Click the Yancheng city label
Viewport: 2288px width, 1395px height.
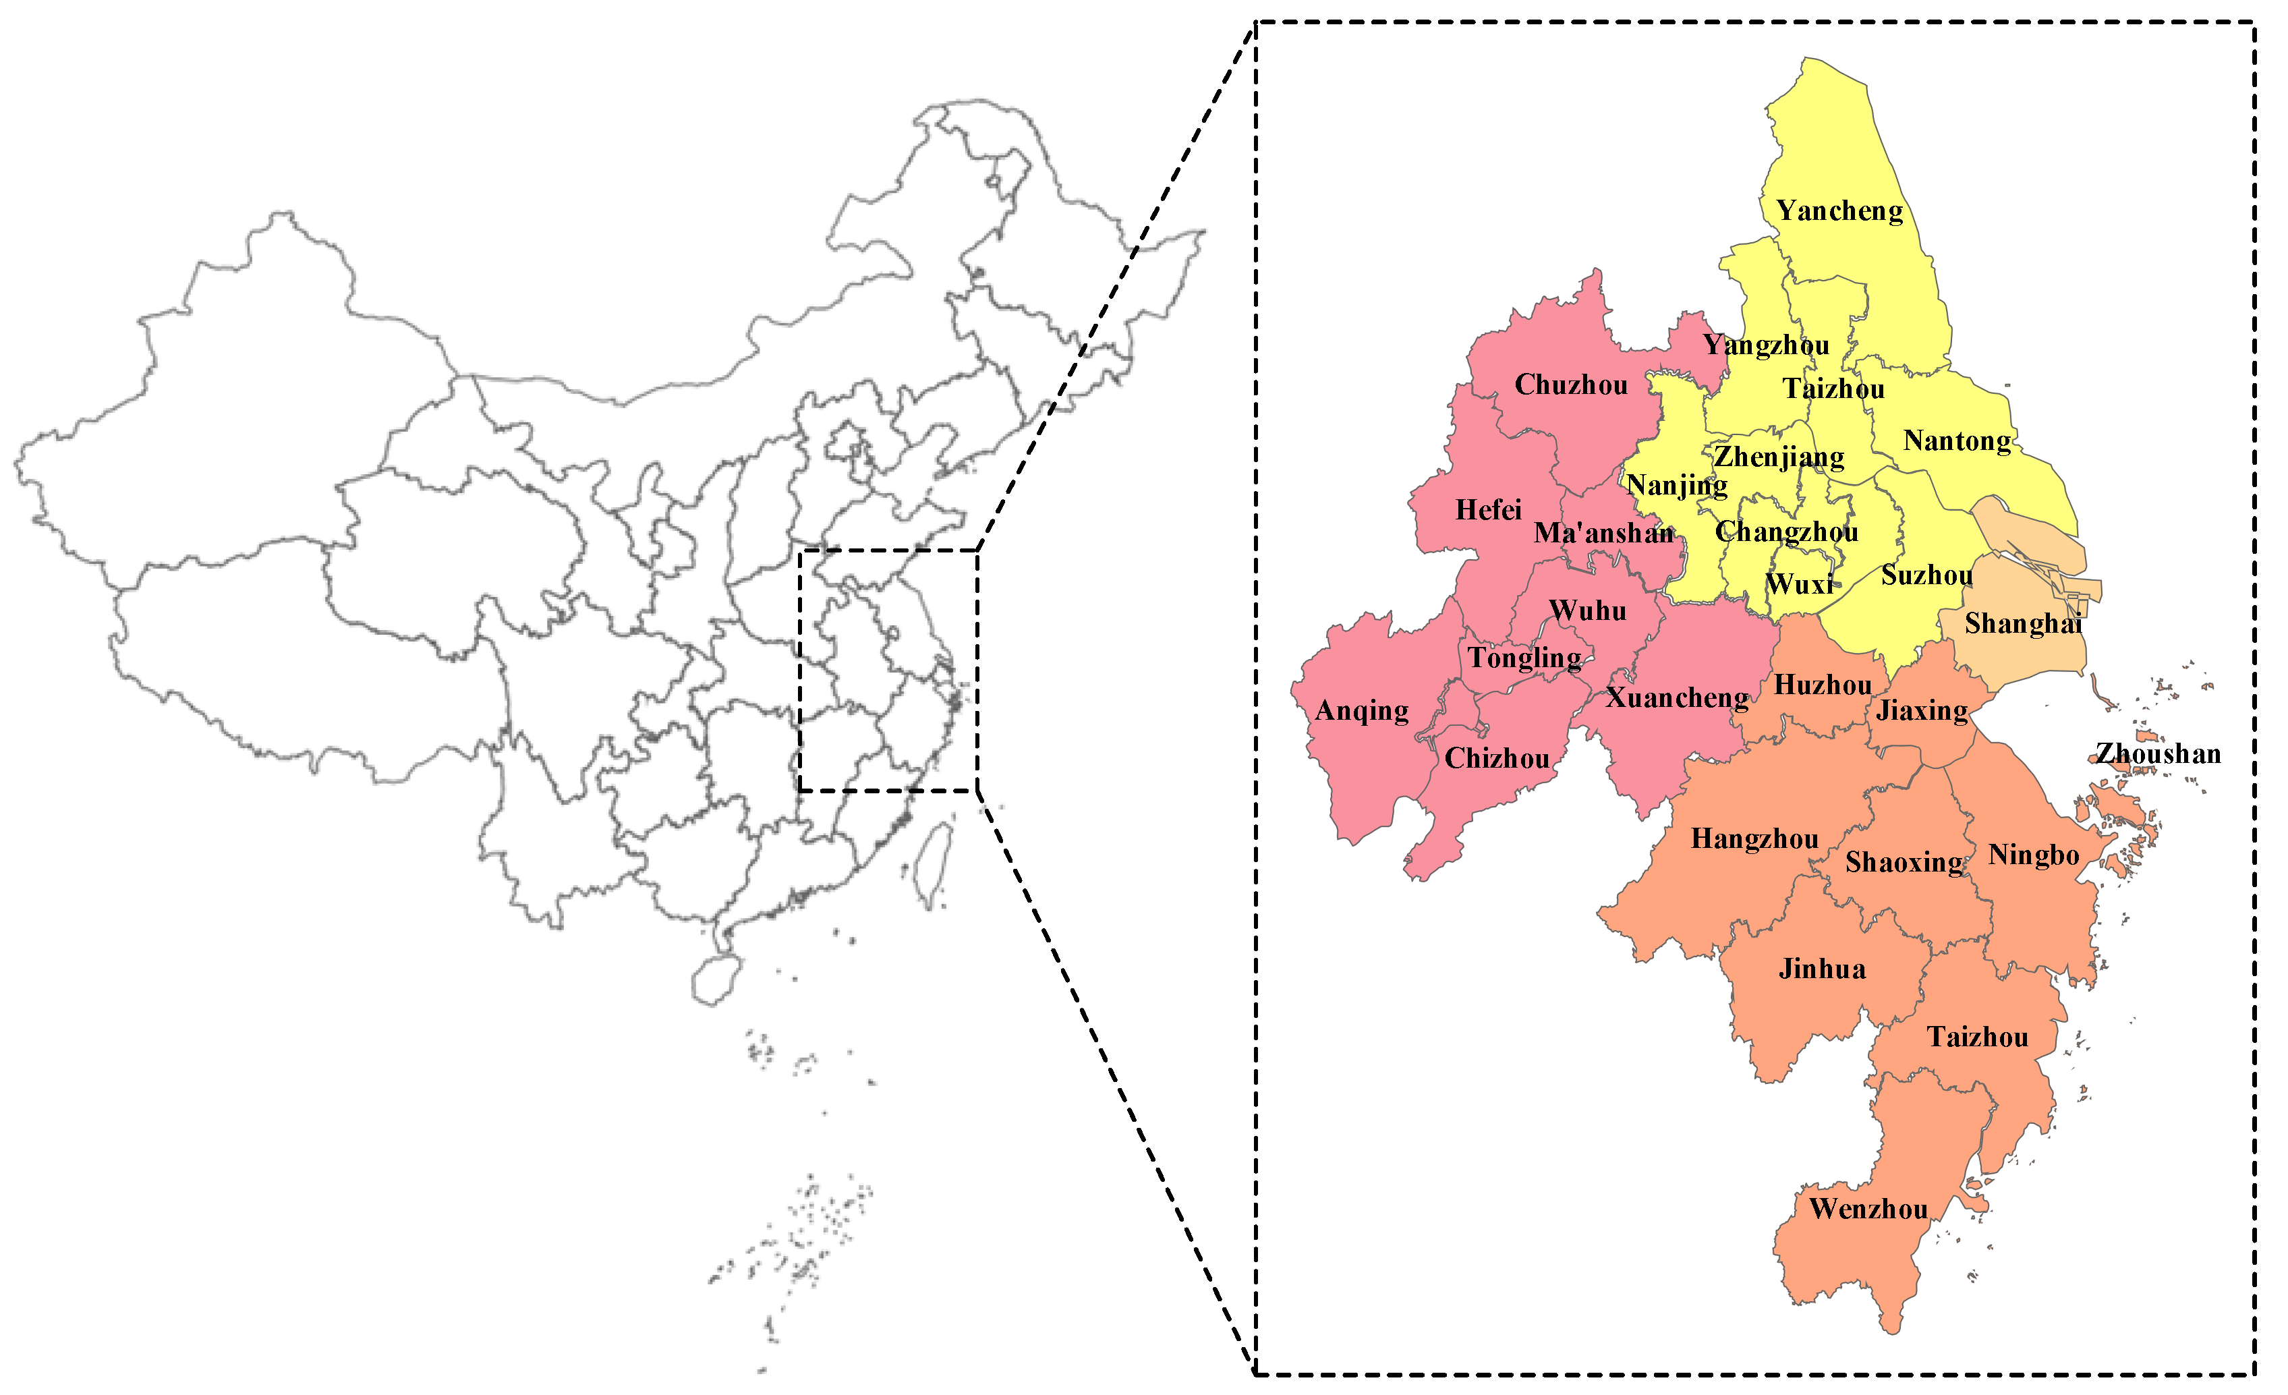click(1839, 212)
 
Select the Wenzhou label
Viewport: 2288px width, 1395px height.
click(1869, 1209)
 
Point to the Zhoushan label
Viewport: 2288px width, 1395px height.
click(2158, 753)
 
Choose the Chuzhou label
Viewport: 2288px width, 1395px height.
click(1571, 385)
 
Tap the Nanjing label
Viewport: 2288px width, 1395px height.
click(1677, 485)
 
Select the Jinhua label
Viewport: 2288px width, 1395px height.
click(1822, 969)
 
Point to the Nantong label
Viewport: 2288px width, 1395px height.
click(1957, 441)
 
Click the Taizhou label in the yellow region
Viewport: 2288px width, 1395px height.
click(1833, 389)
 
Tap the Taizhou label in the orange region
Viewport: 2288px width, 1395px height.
click(1978, 1037)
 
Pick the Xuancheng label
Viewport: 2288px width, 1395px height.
click(1677, 698)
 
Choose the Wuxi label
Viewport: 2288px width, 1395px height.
click(1800, 584)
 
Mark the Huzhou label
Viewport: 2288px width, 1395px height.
click(1823, 685)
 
